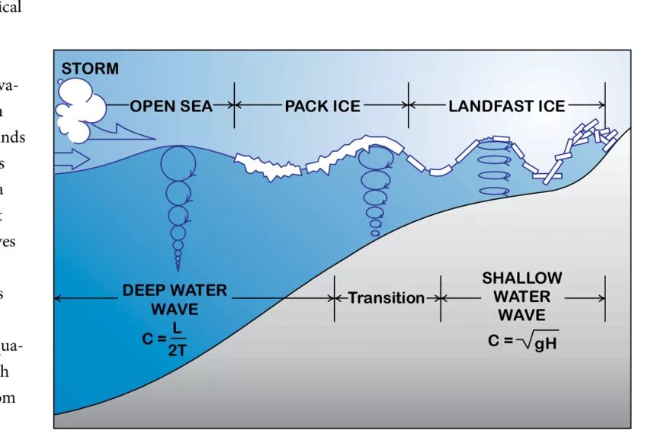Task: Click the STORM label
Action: click(x=90, y=69)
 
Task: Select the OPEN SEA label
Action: click(x=170, y=106)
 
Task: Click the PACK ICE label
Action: click(x=322, y=106)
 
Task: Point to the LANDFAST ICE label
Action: click(x=506, y=106)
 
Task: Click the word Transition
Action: click(x=387, y=298)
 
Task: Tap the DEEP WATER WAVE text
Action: click(x=174, y=300)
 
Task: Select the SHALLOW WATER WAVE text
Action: click(x=522, y=296)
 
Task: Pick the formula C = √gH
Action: click(x=523, y=340)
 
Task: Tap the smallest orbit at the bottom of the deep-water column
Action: click(x=178, y=266)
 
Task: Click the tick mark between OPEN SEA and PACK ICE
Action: click(x=234, y=106)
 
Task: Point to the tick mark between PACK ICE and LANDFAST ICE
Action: click(x=409, y=106)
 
